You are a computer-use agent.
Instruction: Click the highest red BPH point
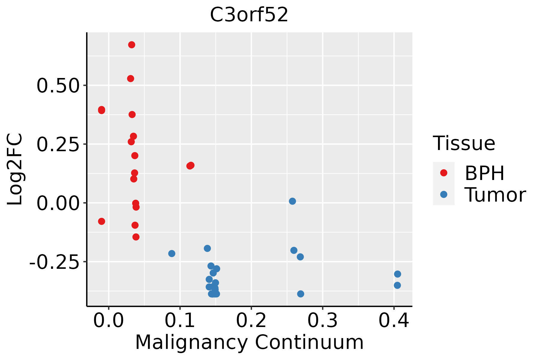click(x=131, y=45)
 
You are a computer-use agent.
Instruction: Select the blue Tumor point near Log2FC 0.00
click(x=292, y=201)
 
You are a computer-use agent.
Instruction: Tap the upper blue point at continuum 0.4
click(x=397, y=274)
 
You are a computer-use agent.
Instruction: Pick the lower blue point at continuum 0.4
click(x=397, y=285)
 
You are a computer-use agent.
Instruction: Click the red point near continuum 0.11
click(x=190, y=166)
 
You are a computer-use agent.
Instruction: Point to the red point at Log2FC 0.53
click(x=130, y=79)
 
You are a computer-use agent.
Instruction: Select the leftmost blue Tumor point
click(x=172, y=253)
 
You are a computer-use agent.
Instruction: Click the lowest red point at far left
click(x=101, y=221)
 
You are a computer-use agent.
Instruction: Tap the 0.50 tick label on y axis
click(x=58, y=86)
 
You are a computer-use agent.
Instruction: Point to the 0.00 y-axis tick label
click(x=58, y=203)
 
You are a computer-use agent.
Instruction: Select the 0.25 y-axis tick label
click(x=58, y=145)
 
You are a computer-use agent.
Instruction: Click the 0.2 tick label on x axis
click(x=251, y=321)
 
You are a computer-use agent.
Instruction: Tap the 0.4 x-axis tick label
click(x=394, y=321)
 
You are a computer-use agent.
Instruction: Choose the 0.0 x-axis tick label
click(x=109, y=321)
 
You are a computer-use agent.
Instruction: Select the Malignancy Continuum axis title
click(x=249, y=343)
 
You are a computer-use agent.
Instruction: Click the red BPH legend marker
click(x=443, y=173)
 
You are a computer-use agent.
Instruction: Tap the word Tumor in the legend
click(x=495, y=195)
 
